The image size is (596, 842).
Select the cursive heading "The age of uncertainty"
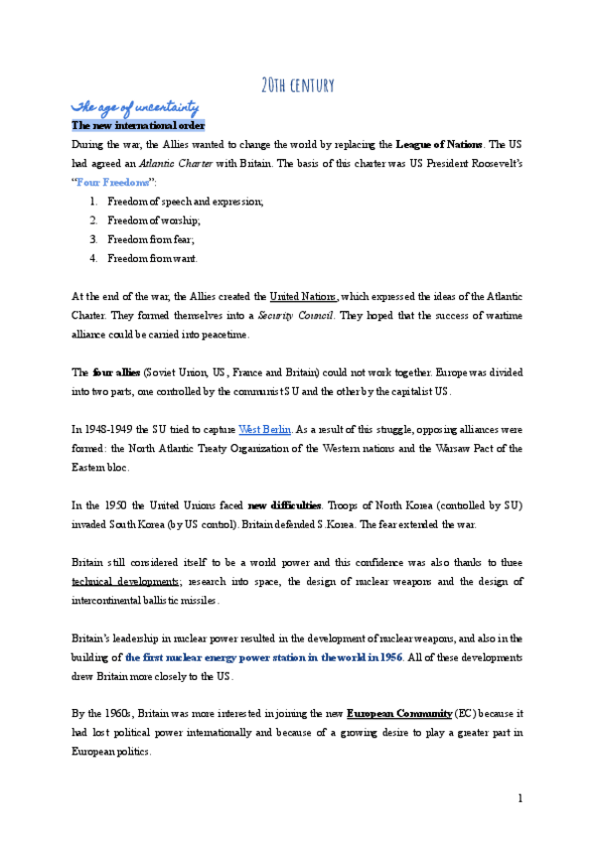click(x=135, y=107)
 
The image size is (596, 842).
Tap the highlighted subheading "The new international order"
click(x=138, y=126)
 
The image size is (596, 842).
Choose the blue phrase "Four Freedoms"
click(x=113, y=183)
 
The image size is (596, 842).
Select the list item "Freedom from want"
click(x=153, y=258)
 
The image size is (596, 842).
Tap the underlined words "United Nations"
click(x=304, y=296)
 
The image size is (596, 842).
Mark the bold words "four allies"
click(x=117, y=372)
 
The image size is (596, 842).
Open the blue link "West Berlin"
click(x=264, y=429)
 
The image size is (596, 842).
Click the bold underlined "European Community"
click(x=393, y=714)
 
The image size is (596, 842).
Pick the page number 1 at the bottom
click(x=520, y=798)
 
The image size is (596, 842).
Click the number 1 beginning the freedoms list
click(x=92, y=202)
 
